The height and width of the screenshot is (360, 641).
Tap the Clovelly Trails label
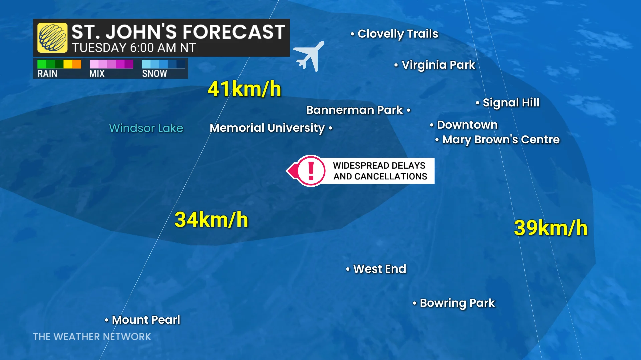(397, 34)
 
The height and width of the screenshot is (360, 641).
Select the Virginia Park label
(438, 65)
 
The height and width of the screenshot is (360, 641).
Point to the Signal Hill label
(511, 102)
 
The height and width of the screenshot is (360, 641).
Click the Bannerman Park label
(355, 110)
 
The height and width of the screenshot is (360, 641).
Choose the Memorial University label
(267, 128)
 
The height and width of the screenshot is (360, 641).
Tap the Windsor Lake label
(146, 128)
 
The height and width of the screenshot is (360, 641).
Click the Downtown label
(467, 125)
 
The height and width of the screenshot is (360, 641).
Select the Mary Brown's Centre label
(500, 139)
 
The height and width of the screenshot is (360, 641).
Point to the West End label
(379, 269)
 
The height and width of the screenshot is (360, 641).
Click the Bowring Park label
(457, 303)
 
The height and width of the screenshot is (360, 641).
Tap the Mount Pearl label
(146, 320)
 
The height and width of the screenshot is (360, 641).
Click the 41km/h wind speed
(244, 89)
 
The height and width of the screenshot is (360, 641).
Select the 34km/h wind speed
(211, 220)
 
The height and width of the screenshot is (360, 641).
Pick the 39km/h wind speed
(550, 228)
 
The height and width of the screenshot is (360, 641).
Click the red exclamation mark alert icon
(311, 171)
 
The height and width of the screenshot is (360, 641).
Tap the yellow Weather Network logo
(52, 38)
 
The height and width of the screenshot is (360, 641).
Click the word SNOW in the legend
(154, 74)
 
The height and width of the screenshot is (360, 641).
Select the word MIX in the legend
(97, 74)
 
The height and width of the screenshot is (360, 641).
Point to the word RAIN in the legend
(47, 74)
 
